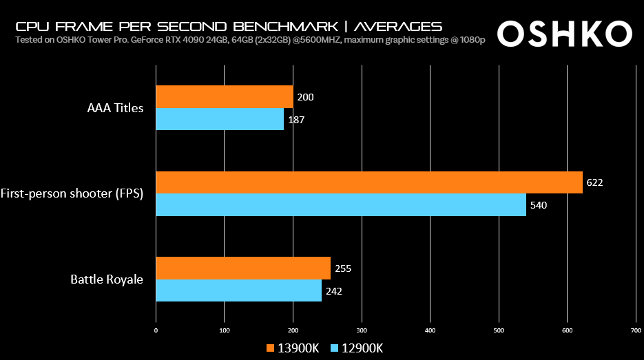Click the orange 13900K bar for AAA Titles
point(225,97)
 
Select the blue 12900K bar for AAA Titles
point(220,120)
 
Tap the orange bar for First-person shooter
point(369,182)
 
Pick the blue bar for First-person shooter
point(341,205)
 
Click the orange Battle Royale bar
point(243,268)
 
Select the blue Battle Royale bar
point(239,290)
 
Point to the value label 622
point(594,183)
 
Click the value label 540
point(538,205)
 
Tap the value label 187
point(296,120)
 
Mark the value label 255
point(342,268)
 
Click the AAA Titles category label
point(116,108)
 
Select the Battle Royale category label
point(107,279)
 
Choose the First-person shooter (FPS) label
point(72,193)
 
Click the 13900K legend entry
point(293,348)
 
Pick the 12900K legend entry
point(357,348)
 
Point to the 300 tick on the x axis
point(362,331)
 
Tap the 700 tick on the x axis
point(636,331)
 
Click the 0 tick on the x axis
point(156,331)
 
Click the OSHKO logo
point(563,33)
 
